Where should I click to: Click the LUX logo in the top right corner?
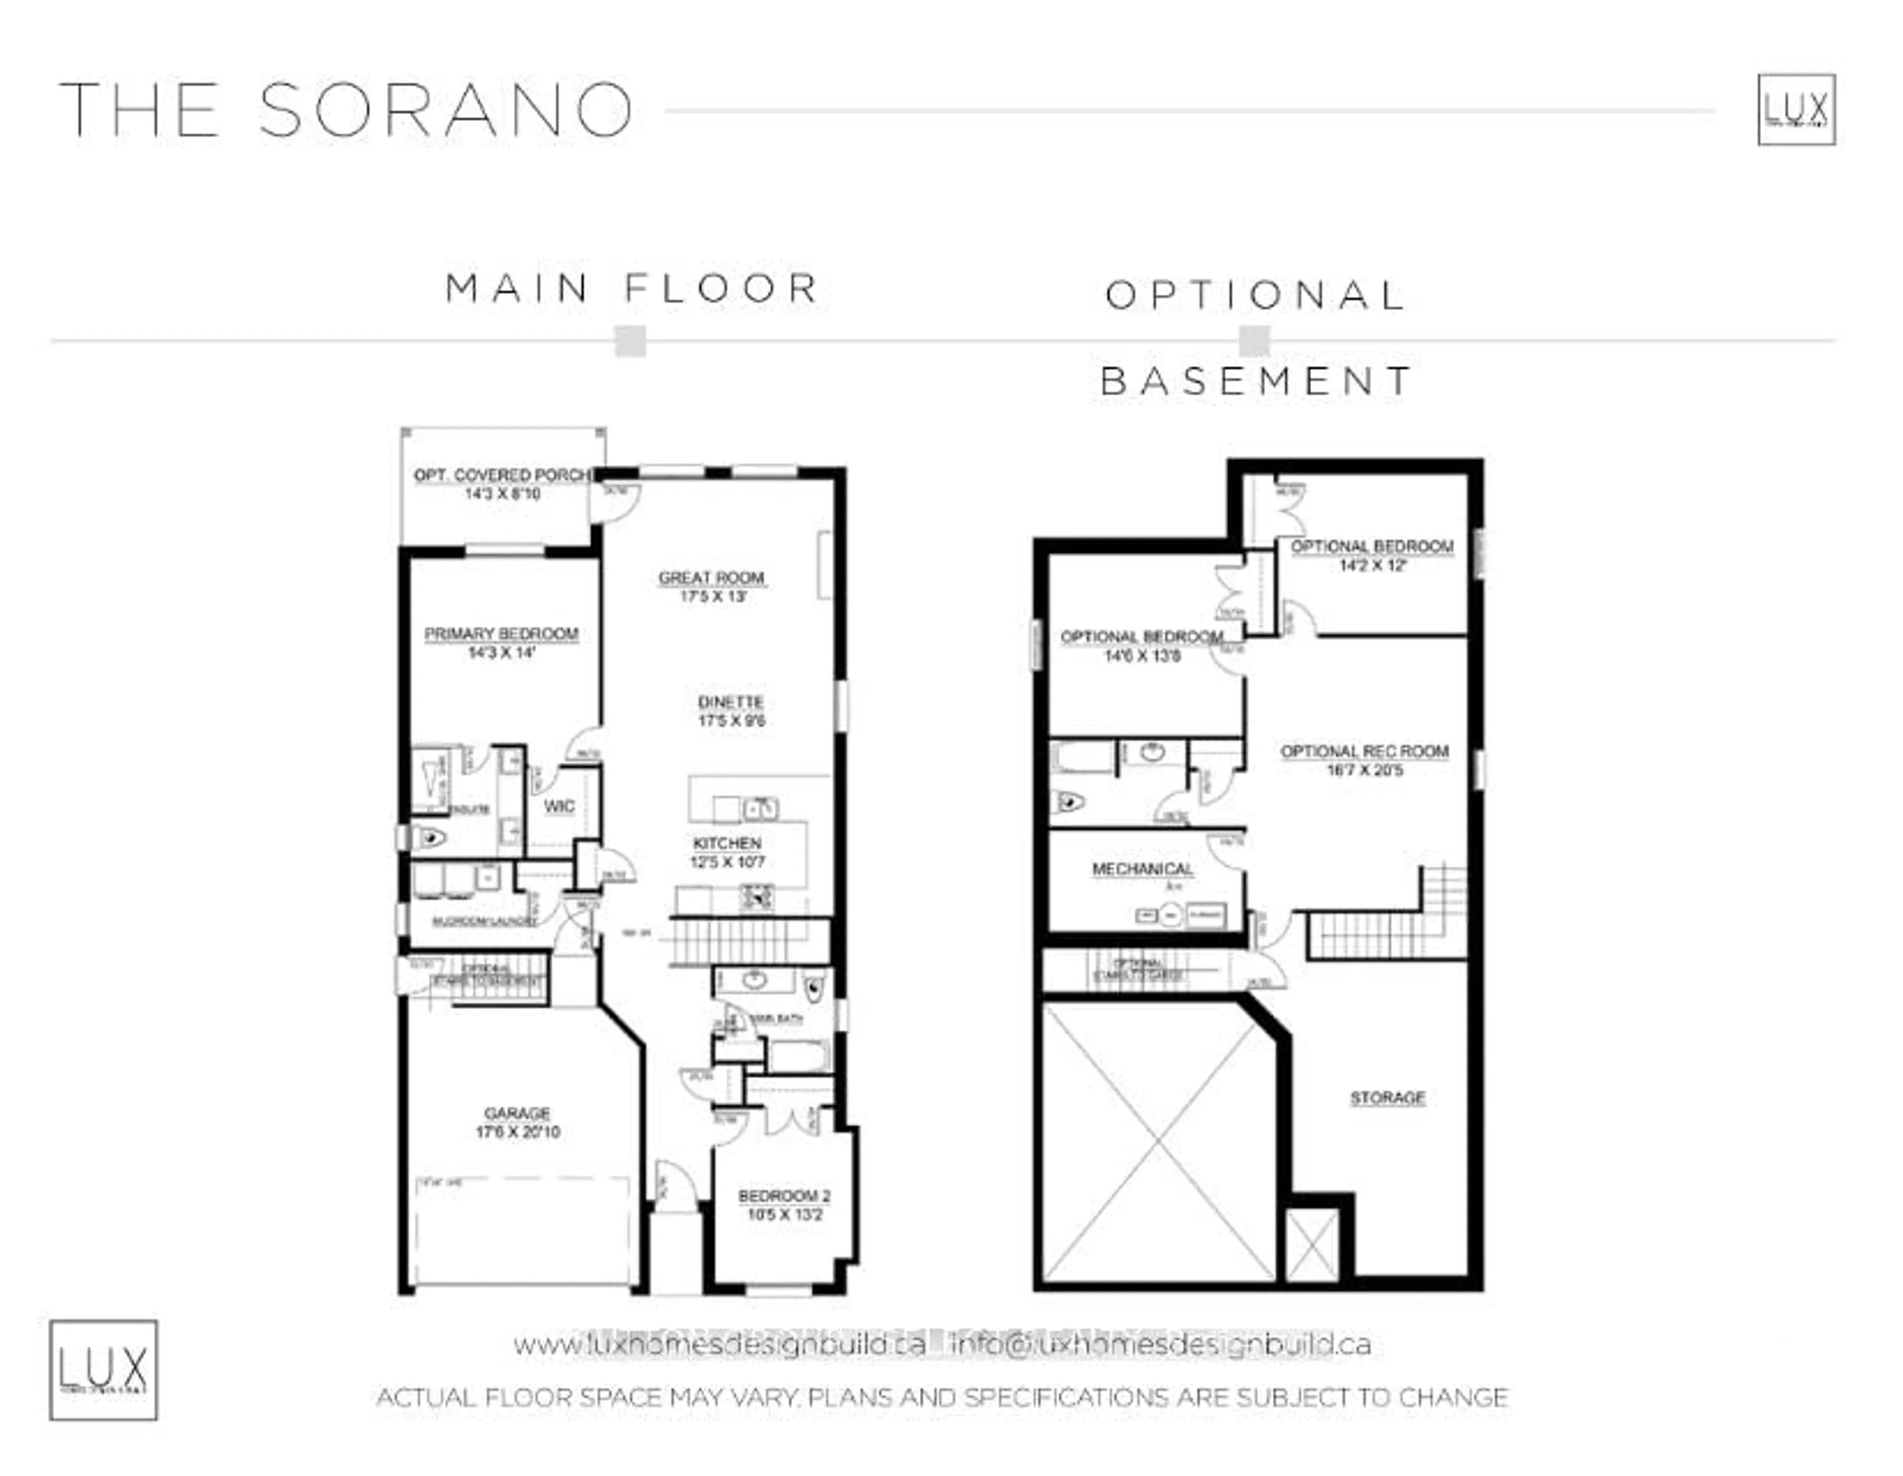[1796, 110]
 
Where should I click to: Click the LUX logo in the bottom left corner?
[103, 1369]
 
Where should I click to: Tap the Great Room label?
[711, 578]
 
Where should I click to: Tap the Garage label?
[517, 1113]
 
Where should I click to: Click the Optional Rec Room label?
[1364, 751]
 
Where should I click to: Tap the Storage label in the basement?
[1387, 1098]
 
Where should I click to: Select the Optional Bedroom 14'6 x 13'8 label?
[1141, 638]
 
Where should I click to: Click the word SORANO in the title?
[445, 110]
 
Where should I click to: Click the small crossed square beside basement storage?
[1311, 1246]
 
